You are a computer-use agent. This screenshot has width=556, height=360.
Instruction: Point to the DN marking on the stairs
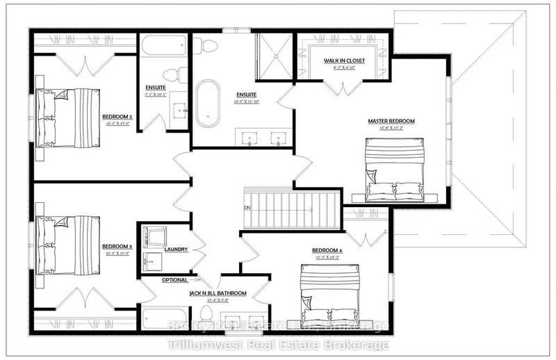(x=247, y=208)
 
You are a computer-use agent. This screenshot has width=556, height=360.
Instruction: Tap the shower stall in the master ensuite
(x=275, y=51)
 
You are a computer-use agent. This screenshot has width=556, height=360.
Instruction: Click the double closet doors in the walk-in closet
(x=341, y=87)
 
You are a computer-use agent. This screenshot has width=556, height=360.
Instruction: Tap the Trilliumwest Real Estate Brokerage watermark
(x=278, y=344)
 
